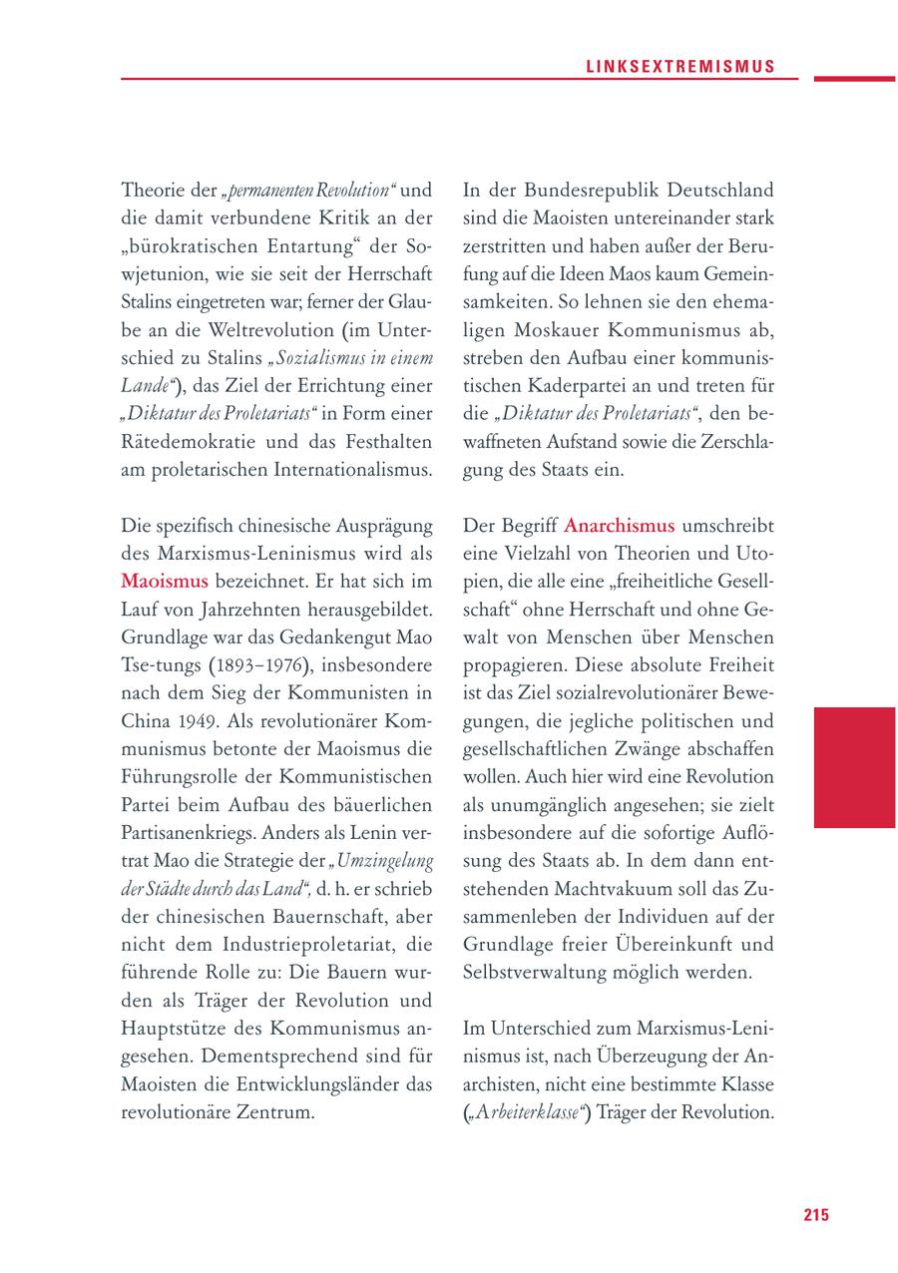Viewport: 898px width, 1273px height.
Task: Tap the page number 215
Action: coord(815,1215)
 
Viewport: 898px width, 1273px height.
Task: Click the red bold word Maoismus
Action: coord(165,581)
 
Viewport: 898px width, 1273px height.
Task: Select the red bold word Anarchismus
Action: coord(619,525)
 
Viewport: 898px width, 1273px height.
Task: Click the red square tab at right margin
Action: coord(853,767)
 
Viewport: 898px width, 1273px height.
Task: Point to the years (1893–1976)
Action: coord(252,664)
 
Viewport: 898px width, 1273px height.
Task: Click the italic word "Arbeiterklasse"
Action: coord(531,1111)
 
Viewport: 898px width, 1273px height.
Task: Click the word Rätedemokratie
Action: coord(194,441)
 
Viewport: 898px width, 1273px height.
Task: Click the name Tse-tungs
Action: coord(162,664)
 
